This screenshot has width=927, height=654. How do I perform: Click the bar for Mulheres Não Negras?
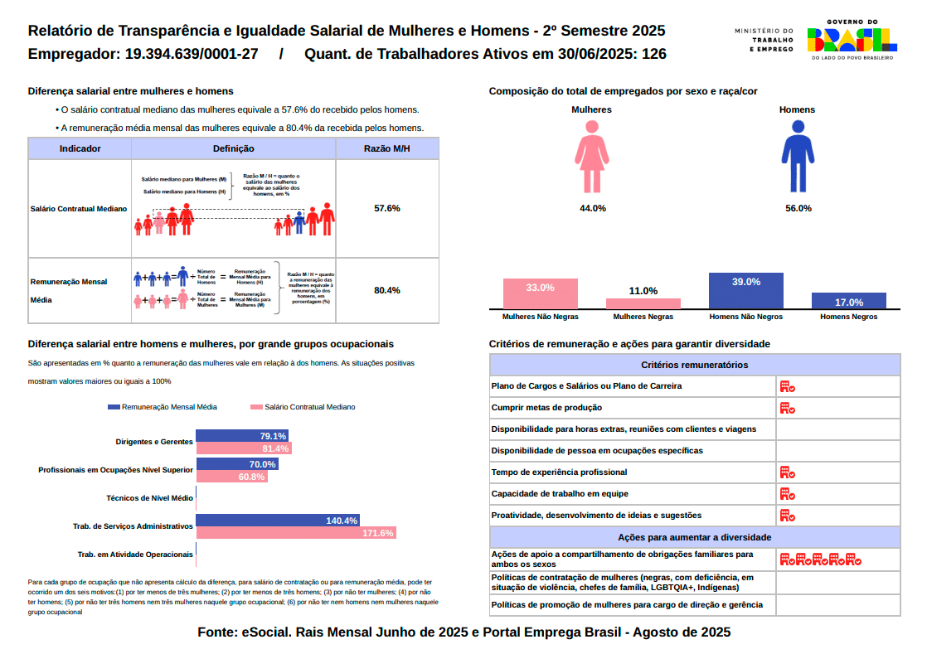(x=540, y=294)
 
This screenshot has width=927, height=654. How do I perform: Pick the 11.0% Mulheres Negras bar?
(x=643, y=303)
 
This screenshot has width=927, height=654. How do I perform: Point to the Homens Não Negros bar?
(x=745, y=291)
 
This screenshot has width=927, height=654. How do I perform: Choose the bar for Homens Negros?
(x=848, y=301)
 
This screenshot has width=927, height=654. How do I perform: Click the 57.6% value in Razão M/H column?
(x=387, y=208)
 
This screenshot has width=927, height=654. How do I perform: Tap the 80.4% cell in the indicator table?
(x=387, y=290)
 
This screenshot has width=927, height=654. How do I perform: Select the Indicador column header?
(x=80, y=148)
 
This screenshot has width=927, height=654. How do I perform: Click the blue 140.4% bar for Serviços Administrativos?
(x=277, y=521)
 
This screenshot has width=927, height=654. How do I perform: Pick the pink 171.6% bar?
(x=296, y=533)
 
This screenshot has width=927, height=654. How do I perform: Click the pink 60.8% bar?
(x=231, y=477)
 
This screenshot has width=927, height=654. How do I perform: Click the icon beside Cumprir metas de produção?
(x=787, y=408)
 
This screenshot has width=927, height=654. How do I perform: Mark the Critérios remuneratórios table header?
(x=694, y=365)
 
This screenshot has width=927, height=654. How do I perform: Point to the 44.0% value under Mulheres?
(x=592, y=208)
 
